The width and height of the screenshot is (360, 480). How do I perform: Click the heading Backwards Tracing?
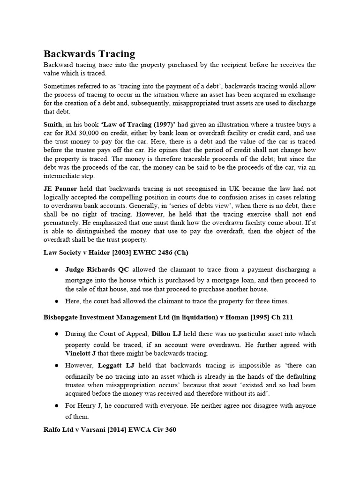pos(89,53)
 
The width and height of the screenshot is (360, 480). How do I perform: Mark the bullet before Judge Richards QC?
pos(56,270)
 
